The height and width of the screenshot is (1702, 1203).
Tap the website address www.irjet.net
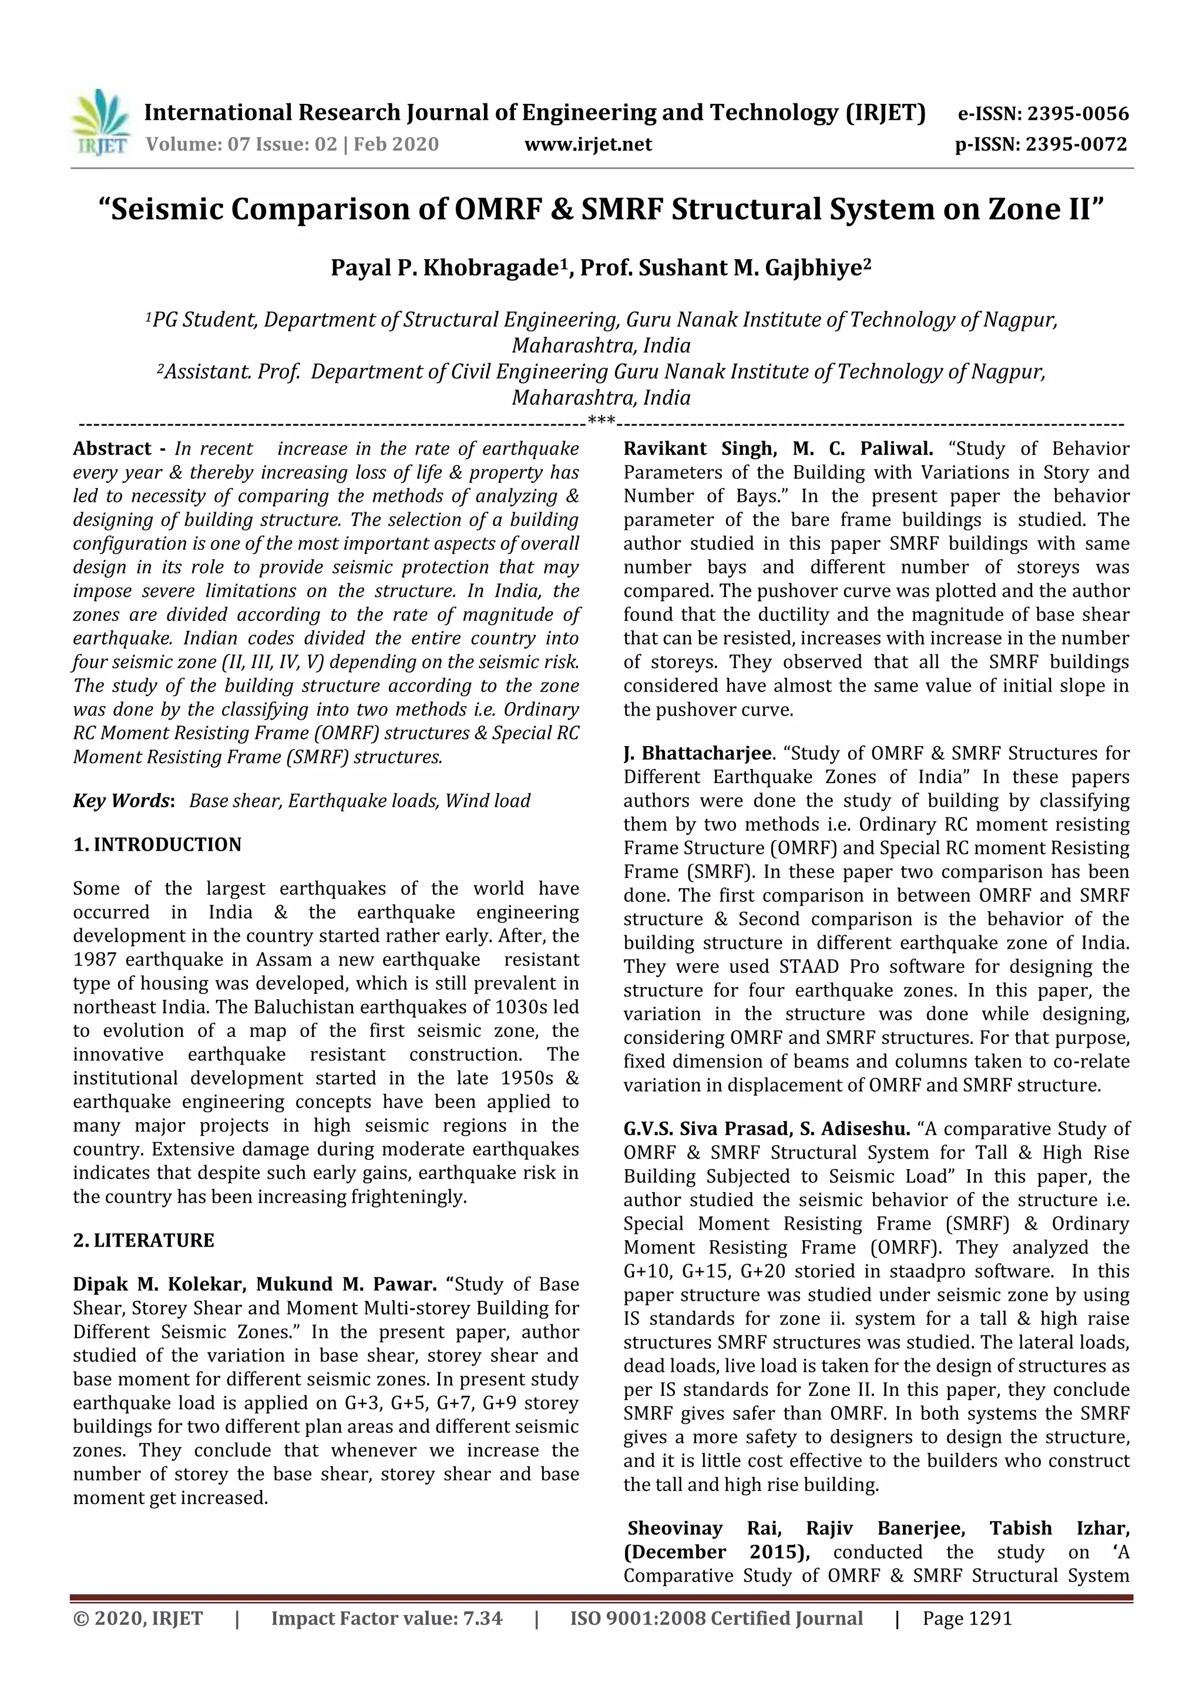click(x=588, y=145)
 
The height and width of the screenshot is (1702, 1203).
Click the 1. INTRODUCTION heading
click(x=157, y=845)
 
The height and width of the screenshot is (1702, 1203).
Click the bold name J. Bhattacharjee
click(x=697, y=754)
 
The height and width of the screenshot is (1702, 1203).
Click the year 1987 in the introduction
click(x=96, y=960)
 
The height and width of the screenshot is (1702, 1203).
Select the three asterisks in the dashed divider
click(x=601, y=422)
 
